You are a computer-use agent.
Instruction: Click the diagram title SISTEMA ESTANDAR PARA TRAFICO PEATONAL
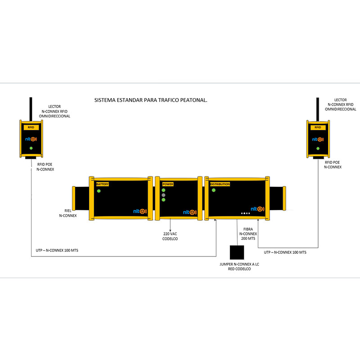pos(151,100)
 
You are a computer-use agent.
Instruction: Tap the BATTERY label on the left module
pos(103,184)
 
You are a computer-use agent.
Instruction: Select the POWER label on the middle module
pos(168,184)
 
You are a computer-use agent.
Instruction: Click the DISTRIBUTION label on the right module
pos(220,184)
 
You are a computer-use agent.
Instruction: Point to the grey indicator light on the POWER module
pos(163,195)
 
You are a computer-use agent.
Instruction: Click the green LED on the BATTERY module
pos(99,191)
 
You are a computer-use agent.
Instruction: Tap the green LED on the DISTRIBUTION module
pos(213,190)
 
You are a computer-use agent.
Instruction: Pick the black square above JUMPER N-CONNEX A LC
pos(237,252)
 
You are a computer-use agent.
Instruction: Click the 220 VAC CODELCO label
pos(170,236)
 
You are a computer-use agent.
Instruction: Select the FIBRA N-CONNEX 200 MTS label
pos(248,234)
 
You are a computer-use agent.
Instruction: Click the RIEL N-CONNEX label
pos(68,213)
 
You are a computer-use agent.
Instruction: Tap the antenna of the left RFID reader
pos(31,109)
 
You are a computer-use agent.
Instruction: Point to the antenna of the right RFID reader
pos(318,109)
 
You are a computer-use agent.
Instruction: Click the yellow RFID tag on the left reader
pos(31,127)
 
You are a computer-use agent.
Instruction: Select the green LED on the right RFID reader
pos(318,148)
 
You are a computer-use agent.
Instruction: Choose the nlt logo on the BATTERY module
pos(140,211)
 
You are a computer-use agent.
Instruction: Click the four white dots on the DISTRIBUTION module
pos(245,213)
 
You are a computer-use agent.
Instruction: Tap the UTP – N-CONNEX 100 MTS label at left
pos(57,250)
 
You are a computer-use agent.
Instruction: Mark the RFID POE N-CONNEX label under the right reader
pos(333,165)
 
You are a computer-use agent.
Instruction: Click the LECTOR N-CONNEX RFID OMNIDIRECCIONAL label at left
pos(54,111)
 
